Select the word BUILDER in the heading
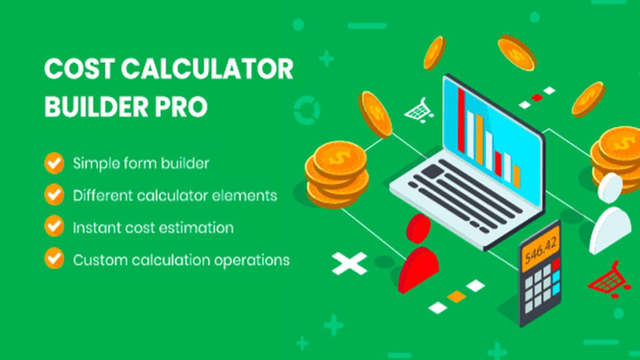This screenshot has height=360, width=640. click(x=92, y=107)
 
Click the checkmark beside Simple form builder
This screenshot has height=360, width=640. click(x=54, y=164)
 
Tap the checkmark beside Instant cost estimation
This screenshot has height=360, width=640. click(x=54, y=226)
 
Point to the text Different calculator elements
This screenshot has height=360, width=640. click(x=175, y=195)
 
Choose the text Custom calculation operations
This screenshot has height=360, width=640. click(x=181, y=259)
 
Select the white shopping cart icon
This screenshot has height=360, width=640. click(x=417, y=109)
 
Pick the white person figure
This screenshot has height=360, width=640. click(x=609, y=216)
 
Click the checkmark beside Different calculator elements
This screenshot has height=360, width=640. click(x=54, y=195)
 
